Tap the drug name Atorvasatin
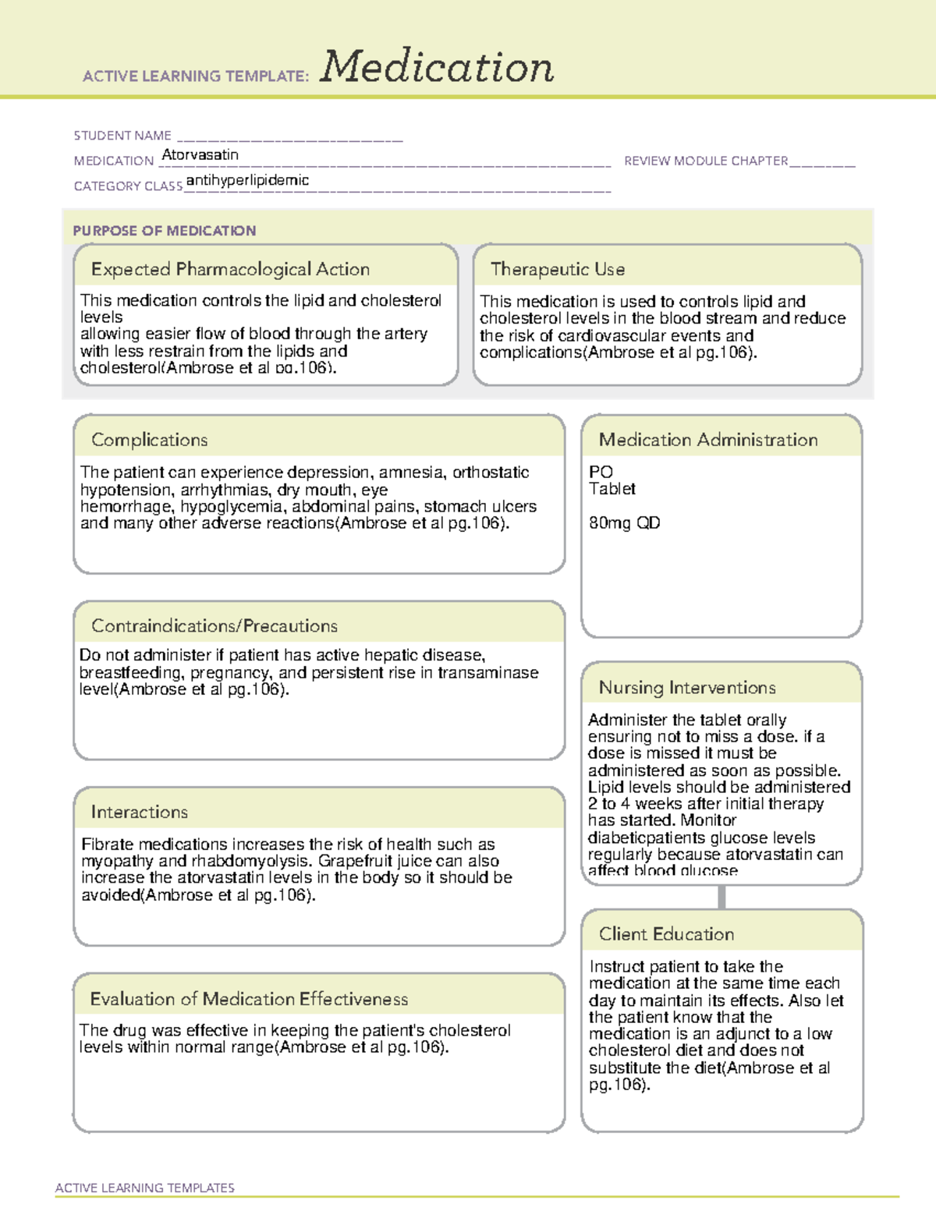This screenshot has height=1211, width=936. click(x=200, y=154)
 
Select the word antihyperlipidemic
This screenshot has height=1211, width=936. click(x=247, y=180)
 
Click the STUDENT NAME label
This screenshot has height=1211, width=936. click(x=122, y=136)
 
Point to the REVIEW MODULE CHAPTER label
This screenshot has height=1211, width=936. click(x=706, y=161)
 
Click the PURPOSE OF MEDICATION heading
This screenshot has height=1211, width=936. click(x=164, y=231)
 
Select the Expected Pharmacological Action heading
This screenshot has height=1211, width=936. click(x=230, y=269)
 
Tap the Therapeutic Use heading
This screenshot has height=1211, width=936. click(x=557, y=269)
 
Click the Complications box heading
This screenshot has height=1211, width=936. click(x=149, y=440)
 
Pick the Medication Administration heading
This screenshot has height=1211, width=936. click(x=707, y=440)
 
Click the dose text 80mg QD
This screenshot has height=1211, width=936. click(x=624, y=523)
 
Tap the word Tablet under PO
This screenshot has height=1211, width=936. click(x=612, y=489)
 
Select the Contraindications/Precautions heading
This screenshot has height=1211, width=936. click(x=214, y=625)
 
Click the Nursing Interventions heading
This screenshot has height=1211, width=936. click(x=686, y=688)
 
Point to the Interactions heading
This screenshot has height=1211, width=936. click(x=139, y=812)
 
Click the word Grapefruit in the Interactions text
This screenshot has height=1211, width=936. click(x=356, y=861)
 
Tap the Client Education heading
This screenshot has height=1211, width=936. click(x=666, y=934)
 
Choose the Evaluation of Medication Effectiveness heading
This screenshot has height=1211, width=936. click(x=249, y=999)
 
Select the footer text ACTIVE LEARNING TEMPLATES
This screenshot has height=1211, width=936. click(x=145, y=1188)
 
